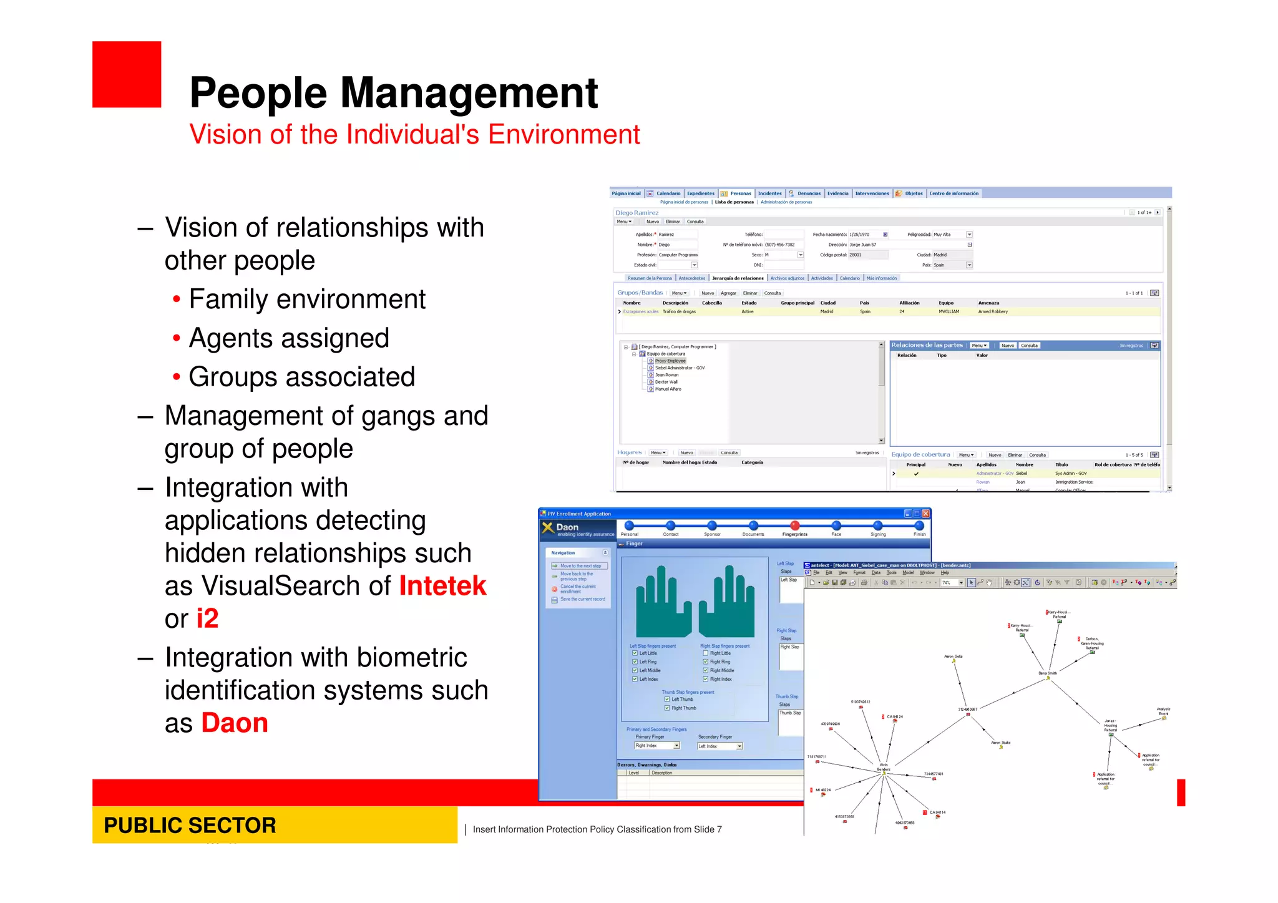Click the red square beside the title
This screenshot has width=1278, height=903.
click(x=127, y=74)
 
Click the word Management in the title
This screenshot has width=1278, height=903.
click(x=469, y=93)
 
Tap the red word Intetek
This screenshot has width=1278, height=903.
click(x=442, y=586)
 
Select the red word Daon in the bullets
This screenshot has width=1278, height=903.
click(x=235, y=723)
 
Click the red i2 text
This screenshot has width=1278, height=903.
click(x=207, y=618)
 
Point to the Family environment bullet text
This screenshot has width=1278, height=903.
click(x=307, y=300)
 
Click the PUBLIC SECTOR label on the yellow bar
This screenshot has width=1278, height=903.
click(x=190, y=825)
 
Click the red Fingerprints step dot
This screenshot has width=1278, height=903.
click(x=794, y=525)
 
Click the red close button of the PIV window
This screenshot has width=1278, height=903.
click(x=926, y=514)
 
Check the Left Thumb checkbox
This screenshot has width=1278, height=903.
click(x=667, y=700)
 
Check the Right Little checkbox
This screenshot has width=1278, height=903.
click(x=706, y=653)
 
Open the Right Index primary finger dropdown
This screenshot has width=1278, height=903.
click(x=676, y=746)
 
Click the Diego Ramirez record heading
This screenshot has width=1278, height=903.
click(x=637, y=213)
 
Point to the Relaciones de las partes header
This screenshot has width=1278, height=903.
click(x=927, y=345)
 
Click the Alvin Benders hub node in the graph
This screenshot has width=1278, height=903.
click(x=884, y=773)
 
